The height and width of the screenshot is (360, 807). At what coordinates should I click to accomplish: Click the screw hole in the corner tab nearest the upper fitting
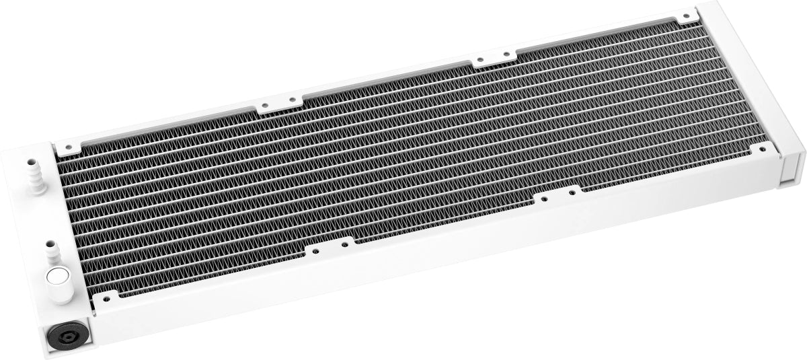(x=67, y=143)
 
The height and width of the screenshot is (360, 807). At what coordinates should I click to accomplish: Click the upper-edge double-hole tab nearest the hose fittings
(x=278, y=105)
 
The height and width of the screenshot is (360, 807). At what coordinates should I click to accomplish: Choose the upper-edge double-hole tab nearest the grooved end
(x=489, y=61)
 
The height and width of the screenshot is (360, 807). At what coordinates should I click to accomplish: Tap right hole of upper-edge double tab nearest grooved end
(x=500, y=59)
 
